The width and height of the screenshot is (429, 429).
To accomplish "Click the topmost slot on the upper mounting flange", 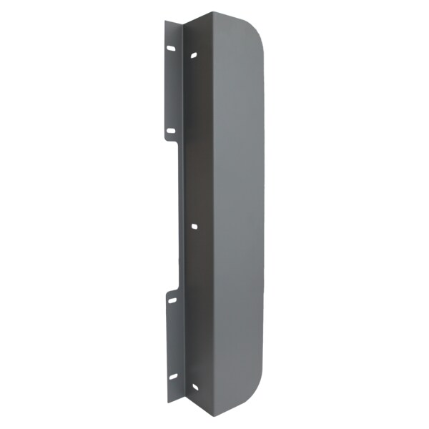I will pyautogui.click(x=171, y=49).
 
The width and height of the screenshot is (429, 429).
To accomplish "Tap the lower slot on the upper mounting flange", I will pyautogui.click(x=170, y=131).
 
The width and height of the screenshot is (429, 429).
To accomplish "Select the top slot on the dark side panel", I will pyautogui.click(x=194, y=54).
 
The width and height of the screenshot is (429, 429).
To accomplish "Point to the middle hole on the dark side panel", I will pyautogui.click(x=194, y=226).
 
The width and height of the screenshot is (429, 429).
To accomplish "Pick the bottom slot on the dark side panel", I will pyautogui.click(x=194, y=388).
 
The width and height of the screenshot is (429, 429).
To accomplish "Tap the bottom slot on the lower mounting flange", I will pyautogui.click(x=172, y=378).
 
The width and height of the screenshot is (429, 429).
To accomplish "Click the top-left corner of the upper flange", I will pyautogui.click(x=165, y=21).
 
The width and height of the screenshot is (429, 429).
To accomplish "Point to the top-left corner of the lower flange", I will pyautogui.click(x=167, y=292).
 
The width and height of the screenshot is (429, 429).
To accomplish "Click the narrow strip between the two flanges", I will pyautogui.click(x=181, y=214).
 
